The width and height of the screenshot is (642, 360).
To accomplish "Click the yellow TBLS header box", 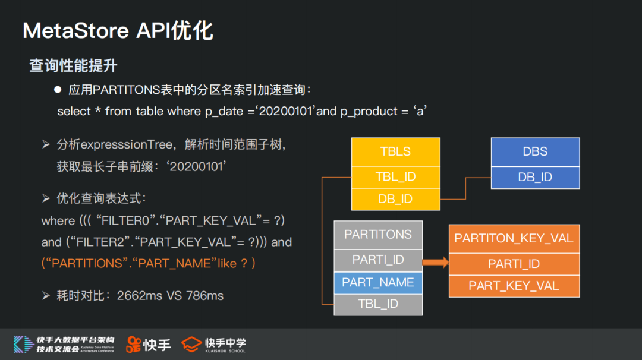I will tap(395, 151).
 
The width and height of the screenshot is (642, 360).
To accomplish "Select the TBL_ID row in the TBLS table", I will tap(395, 176).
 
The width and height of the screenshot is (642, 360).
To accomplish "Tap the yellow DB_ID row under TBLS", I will tap(395, 199).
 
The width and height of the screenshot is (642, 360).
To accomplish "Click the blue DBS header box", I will tap(535, 151).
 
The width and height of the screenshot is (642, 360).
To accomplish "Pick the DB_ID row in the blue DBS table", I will tap(535, 177).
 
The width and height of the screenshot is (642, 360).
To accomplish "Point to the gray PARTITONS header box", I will tap(378, 235).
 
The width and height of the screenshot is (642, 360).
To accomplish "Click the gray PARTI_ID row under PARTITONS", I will tap(378, 260).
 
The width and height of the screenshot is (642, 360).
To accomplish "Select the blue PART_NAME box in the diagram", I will tap(378, 282).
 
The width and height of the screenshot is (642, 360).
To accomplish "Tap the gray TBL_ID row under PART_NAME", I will tap(378, 304).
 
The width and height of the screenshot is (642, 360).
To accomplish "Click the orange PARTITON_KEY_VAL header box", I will tap(514, 238).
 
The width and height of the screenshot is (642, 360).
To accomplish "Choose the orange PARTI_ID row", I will tap(514, 264).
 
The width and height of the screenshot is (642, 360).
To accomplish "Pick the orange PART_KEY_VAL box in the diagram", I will tap(514, 286).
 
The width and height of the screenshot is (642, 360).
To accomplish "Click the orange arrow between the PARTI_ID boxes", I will tap(436, 262).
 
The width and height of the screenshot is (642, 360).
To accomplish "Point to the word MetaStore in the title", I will tap(75, 31).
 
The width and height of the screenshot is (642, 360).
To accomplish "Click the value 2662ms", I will tap(139, 295).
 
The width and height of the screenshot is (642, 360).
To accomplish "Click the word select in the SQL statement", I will tap(74, 111).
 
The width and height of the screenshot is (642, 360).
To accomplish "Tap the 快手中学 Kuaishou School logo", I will tap(214, 345).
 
